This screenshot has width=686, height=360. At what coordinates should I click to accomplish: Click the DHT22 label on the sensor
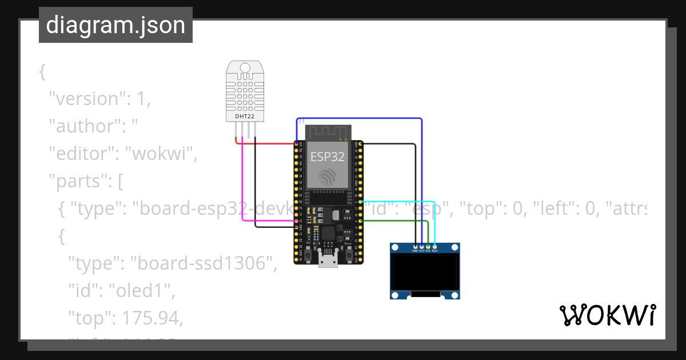click(245, 117)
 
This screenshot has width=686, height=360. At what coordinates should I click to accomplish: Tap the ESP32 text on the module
click(327, 156)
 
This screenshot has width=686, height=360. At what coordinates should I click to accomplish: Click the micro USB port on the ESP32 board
click(327, 261)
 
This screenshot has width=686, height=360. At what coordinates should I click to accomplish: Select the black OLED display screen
click(425, 272)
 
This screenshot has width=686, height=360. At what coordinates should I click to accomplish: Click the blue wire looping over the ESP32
click(360, 119)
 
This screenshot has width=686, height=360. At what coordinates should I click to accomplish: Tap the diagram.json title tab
click(115, 26)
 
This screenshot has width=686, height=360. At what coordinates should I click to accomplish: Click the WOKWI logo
click(607, 315)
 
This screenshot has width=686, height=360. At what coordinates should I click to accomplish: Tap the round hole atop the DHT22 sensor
click(245, 68)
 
